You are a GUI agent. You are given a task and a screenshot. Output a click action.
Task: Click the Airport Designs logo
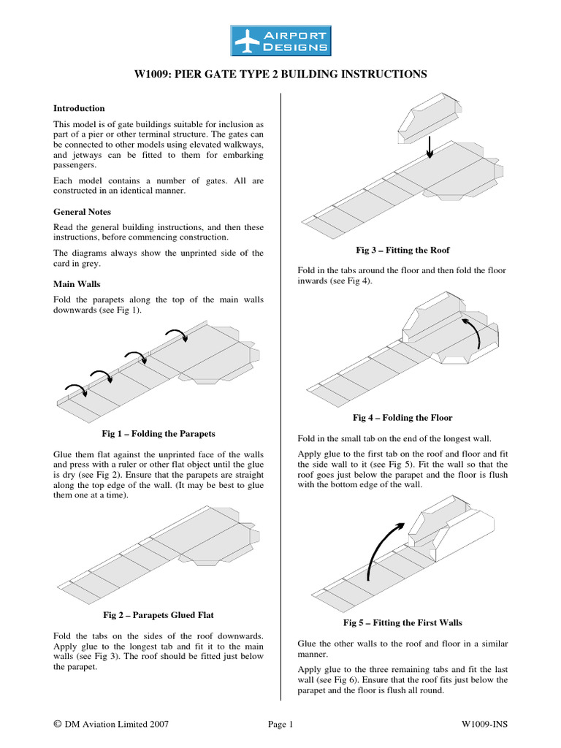(x=280, y=40)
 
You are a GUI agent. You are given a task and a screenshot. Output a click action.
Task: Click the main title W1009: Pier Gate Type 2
(x=280, y=75)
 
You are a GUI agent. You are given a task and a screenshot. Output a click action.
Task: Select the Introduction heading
(x=79, y=108)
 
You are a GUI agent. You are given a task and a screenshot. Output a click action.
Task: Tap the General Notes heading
(x=83, y=211)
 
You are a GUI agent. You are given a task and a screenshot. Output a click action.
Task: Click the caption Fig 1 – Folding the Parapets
(x=159, y=433)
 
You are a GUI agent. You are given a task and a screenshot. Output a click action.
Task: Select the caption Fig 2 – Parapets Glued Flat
(x=159, y=615)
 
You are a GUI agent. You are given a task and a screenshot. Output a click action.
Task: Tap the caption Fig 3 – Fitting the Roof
(x=402, y=251)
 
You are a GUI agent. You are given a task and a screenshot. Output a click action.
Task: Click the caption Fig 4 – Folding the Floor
(x=402, y=418)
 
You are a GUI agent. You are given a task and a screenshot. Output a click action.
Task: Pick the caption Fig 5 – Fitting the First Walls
(x=402, y=622)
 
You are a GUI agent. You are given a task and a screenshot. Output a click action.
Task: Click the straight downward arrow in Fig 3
(x=430, y=145)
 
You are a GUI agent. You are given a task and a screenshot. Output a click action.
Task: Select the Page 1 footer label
(x=280, y=724)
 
